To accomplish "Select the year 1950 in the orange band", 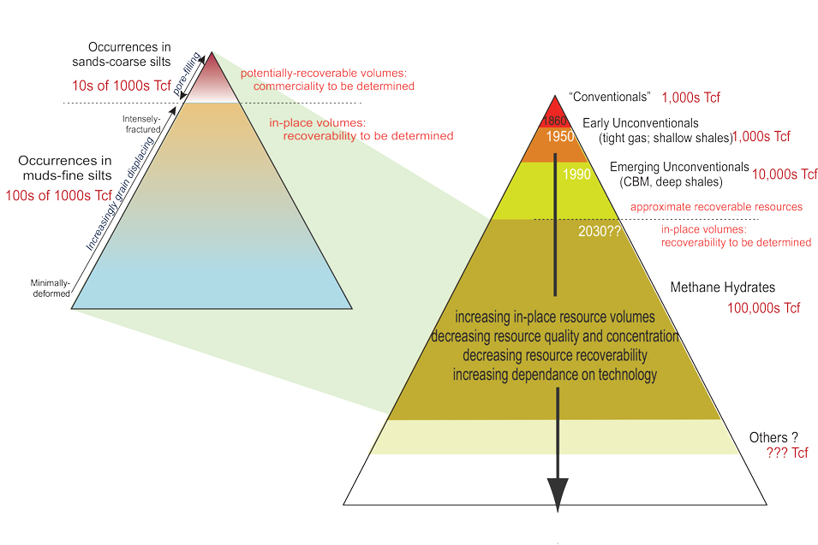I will pyautogui.click(x=564, y=137).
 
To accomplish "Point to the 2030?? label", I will pyautogui.click(x=600, y=231).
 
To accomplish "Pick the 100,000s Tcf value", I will pyautogui.click(x=764, y=308).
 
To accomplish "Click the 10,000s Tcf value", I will pyautogui.click(x=785, y=175).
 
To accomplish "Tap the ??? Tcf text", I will pyautogui.click(x=788, y=453).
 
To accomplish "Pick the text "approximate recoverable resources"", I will pyautogui.click(x=716, y=207).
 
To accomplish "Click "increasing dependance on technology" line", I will pyautogui.click(x=555, y=375).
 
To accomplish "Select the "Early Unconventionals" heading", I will pyautogui.click(x=640, y=122).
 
